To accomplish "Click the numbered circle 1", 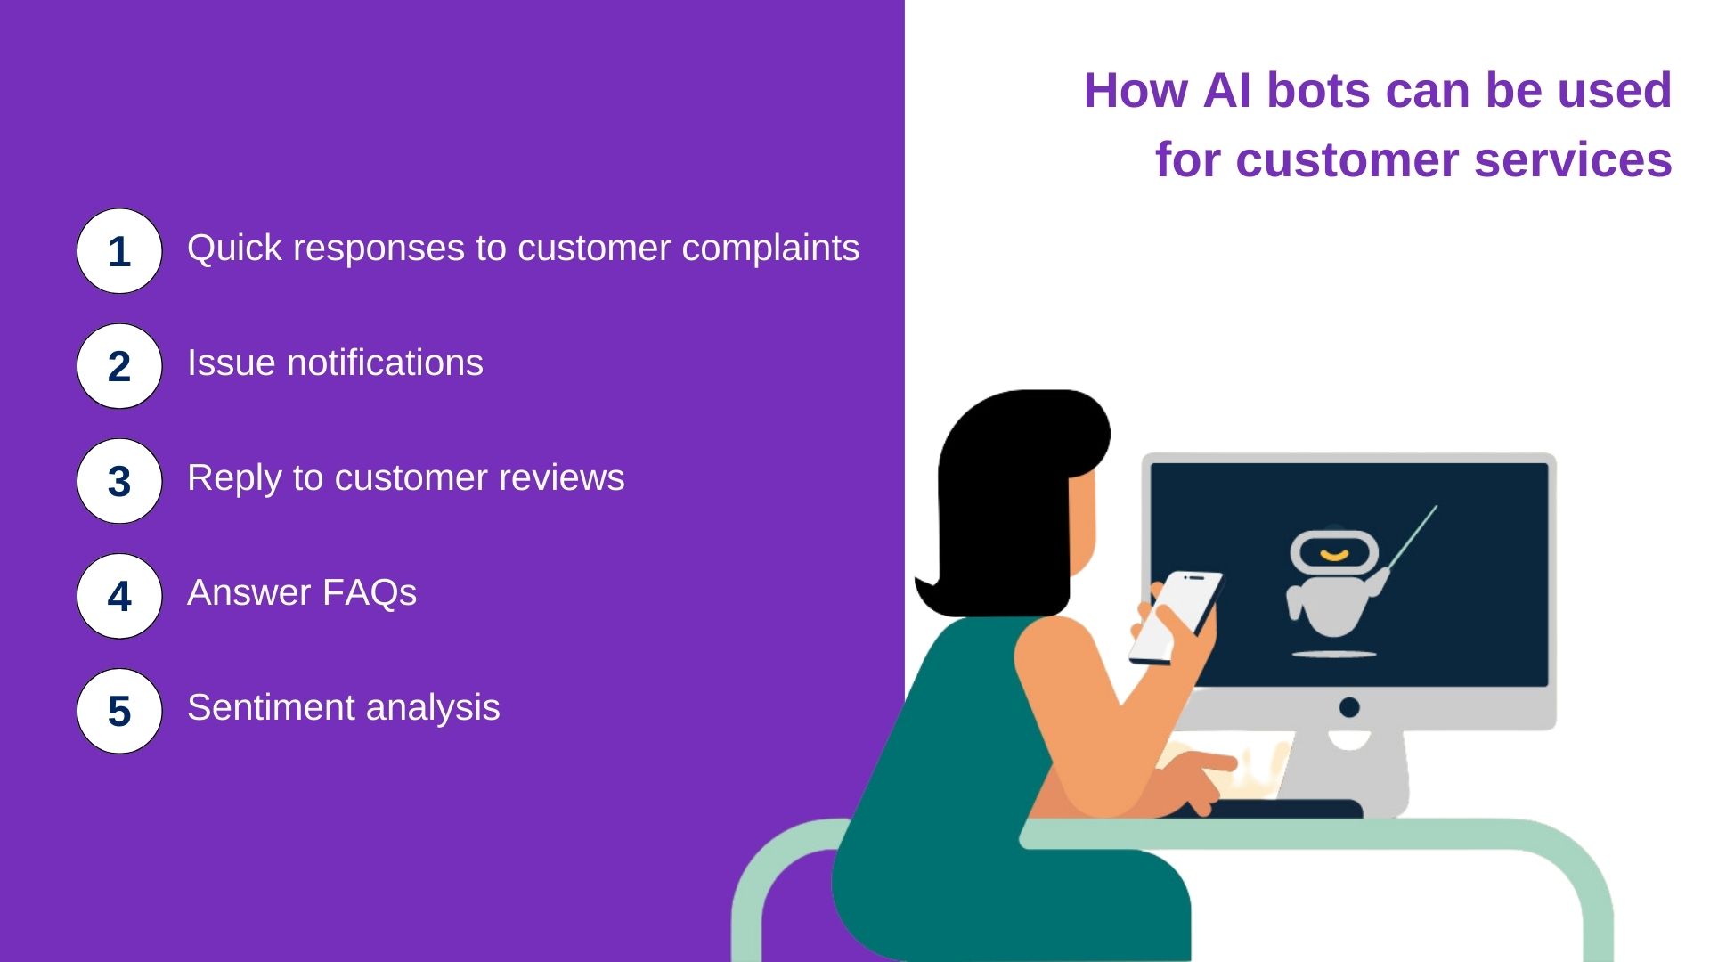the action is tap(119, 251).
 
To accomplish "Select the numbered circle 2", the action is tap(119, 366).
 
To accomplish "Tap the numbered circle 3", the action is tap(119, 481).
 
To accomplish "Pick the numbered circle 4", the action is tap(119, 596).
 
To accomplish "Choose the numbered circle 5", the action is tap(119, 711).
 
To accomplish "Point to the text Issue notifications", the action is tap(335, 363).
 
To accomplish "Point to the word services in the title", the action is tap(1573, 160).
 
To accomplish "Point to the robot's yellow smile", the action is tap(1334, 556).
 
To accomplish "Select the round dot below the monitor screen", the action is tap(1349, 707).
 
